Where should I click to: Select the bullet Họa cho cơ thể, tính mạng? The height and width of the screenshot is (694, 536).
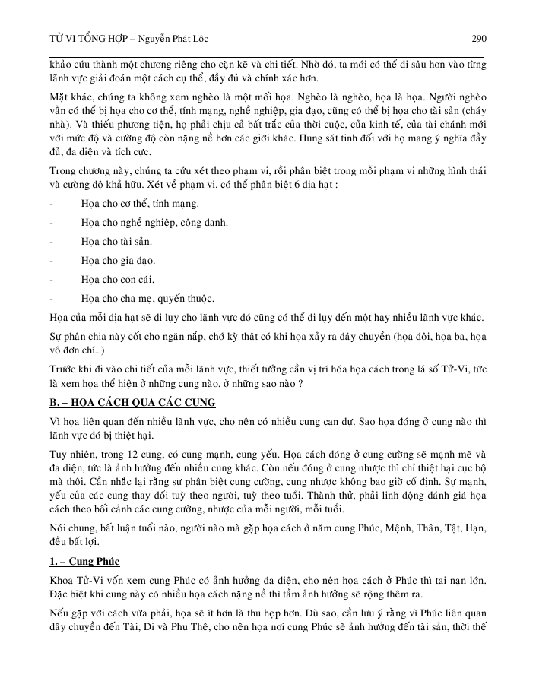(x=139, y=204)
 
